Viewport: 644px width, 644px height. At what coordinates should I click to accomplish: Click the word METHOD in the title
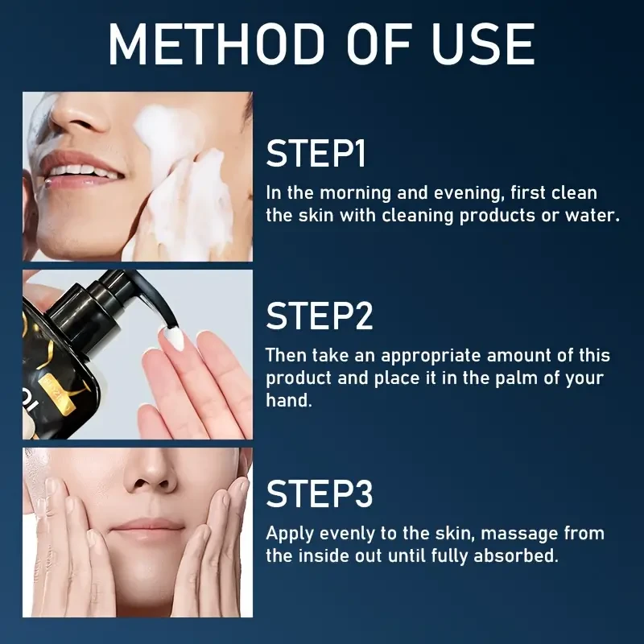[217, 44]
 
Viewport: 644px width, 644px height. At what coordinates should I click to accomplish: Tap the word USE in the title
[484, 44]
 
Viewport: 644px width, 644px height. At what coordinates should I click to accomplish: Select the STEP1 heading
[316, 153]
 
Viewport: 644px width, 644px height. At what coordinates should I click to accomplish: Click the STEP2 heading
[320, 316]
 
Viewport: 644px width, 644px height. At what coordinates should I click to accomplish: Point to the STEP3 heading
[320, 493]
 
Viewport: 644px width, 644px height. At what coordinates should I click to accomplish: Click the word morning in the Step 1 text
[355, 193]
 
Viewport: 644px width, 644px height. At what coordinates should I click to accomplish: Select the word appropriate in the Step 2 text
[431, 356]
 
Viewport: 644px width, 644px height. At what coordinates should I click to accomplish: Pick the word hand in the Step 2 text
[289, 400]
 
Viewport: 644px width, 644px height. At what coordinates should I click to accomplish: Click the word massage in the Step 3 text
[519, 534]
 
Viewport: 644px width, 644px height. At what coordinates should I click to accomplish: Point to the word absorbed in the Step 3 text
[516, 555]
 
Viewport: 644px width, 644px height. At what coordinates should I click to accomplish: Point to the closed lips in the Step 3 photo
[149, 527]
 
